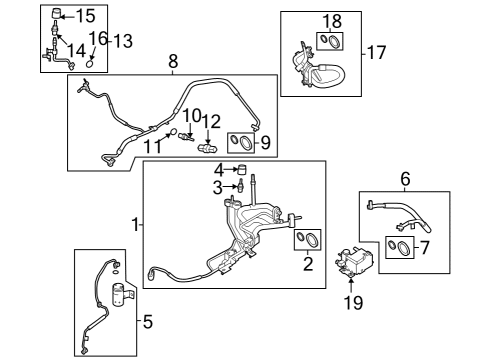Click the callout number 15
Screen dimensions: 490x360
tap(86, 16)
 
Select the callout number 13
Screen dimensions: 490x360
tap(123, 41)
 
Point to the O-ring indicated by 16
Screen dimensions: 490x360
tap(90, 63)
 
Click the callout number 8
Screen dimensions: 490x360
tap(173, 61)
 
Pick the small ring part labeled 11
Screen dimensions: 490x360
tap(173, 132)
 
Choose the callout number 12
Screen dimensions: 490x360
tap(211, 121)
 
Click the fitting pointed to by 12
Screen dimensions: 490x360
tap(207, 148)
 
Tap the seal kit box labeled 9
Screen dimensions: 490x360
tap(241, 143)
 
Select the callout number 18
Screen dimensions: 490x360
tap(332, 21)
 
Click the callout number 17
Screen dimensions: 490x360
tap(376, 53)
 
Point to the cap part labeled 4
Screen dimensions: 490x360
tap(242, 169)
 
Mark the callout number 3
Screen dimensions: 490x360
tap(217, 188)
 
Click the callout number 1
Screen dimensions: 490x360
tap(135, 224)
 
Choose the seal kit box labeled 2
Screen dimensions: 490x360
tap(307, 240)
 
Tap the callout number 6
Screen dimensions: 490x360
tap(405, 179)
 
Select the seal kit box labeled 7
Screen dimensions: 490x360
tap(400, 247)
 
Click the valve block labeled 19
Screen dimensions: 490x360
tap(353, 263)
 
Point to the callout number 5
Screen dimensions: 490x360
tap(148, 322)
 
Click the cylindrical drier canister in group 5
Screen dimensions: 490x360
tap(122, 294)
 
